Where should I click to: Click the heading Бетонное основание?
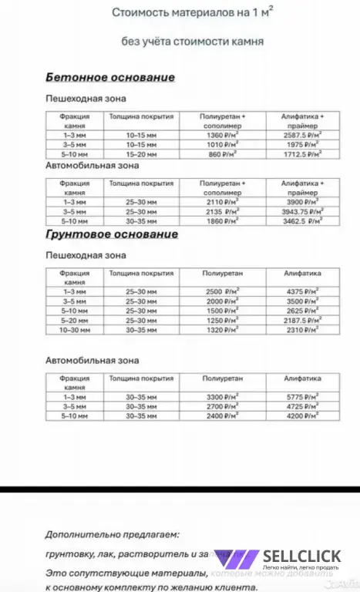[x=110, y=78]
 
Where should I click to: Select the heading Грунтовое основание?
[x=112, y=234]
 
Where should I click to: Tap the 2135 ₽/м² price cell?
[x=221, y=210]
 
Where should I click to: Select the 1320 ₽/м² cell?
[x=221, y=329]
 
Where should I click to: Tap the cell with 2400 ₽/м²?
[x=221, y=415]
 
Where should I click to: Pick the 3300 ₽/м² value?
[x=221, y=396]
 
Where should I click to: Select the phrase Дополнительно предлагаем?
[x=111, y=533]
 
